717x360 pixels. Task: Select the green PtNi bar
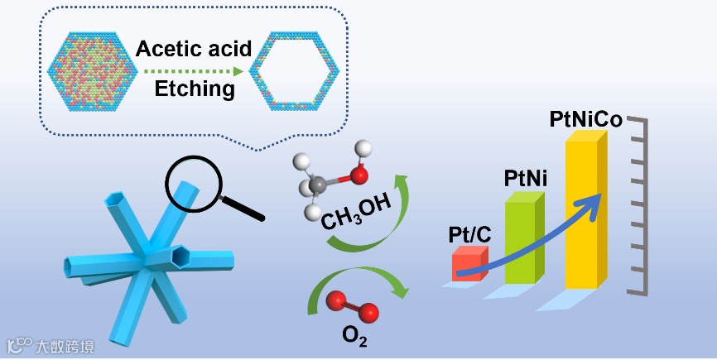tap(521, 240)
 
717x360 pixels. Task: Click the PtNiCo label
tap(585, 120)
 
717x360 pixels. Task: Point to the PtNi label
tap(524, 177)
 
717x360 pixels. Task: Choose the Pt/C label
tap(469, 235)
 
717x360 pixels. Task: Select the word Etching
tap(195, 89)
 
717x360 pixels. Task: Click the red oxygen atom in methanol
tap(358, 175)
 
